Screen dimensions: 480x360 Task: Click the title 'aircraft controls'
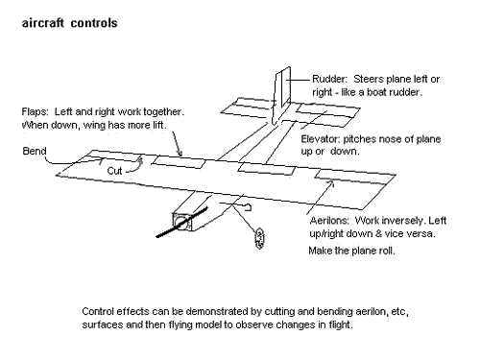click(69, 23)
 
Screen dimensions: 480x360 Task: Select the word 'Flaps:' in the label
click(35, 112)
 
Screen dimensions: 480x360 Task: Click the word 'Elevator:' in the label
click(320, 139)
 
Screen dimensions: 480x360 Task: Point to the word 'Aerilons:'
click(329, 221)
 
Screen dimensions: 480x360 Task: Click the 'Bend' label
click(35, 151)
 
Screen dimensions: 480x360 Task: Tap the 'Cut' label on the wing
click(114, 171)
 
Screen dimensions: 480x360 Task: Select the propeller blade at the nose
click(181, 223)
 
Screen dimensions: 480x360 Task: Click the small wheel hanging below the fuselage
click(259, 238)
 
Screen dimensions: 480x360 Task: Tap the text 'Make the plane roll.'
click(351, 251)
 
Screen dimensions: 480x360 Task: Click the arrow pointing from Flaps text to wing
click(178, 144)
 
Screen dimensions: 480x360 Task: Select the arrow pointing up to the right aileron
click(321, 198)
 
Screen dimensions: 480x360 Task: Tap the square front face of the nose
click(182, 222)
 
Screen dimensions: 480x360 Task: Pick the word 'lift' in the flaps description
click(158, 125)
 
